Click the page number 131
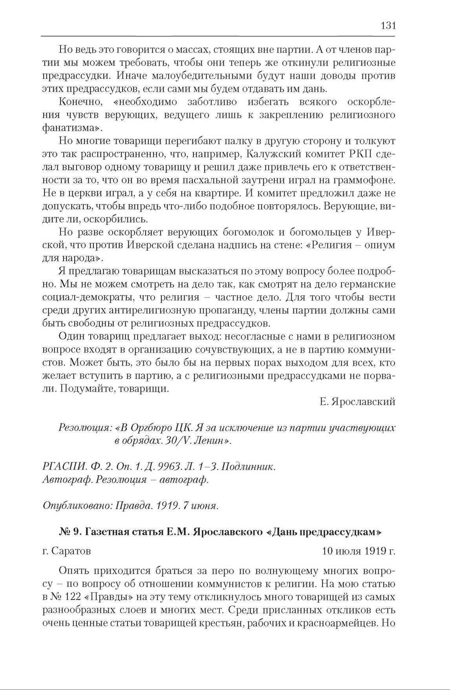tap(388, 26)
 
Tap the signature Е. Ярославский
tap(357, 402)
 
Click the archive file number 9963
tap(169, 467)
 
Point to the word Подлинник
tap(247, 467)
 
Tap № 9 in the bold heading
tap(70, 532)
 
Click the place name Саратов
tap(71, 551)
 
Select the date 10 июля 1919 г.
tap(358, 551)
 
